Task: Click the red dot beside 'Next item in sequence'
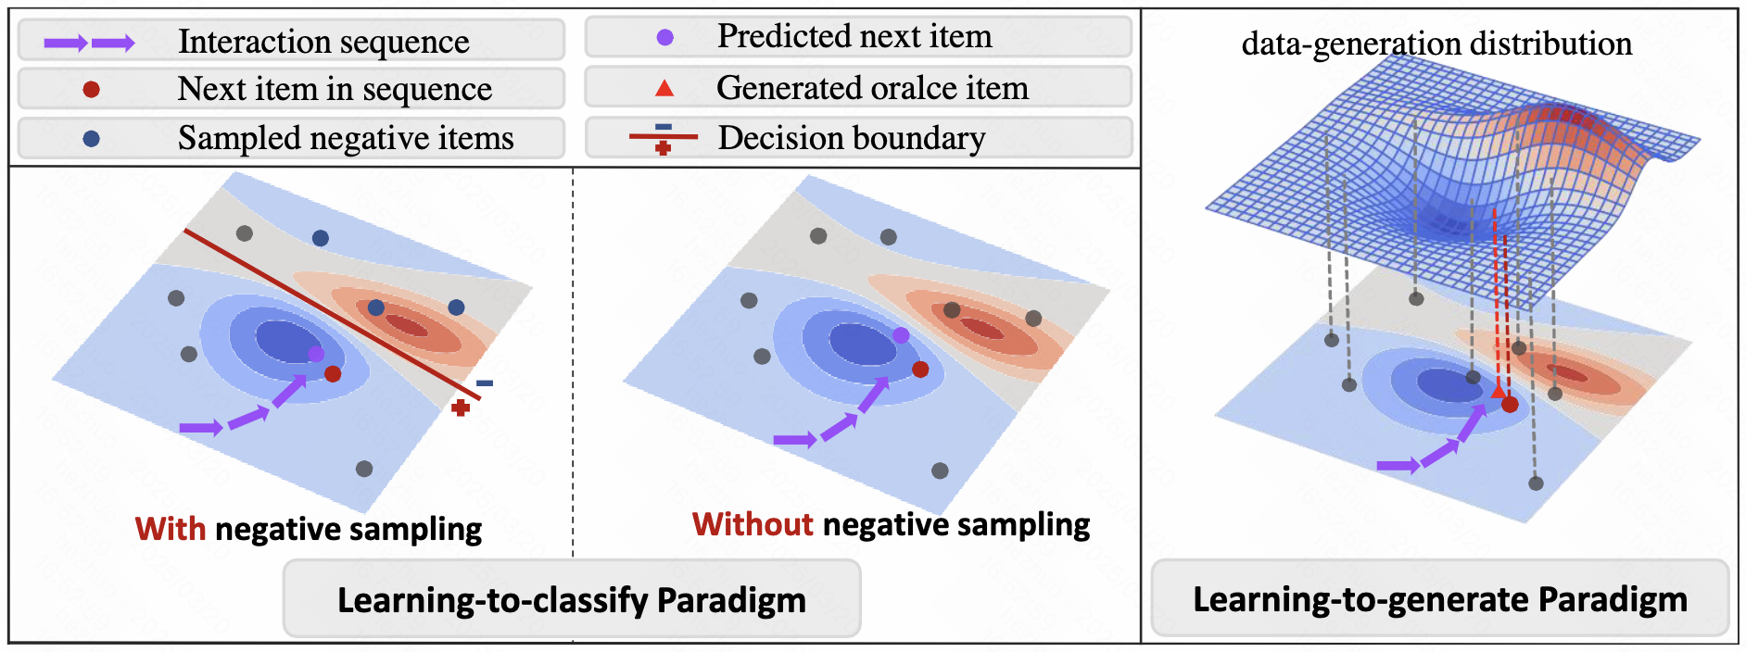click(91, 89)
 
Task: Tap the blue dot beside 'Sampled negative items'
click(91, 138)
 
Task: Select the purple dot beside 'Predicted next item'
click(664, 38)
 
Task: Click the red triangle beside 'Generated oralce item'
click(664, 89)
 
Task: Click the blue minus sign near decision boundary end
click(485, 382)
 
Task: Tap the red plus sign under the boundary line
click(461, 407)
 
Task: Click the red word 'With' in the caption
click(171, 529)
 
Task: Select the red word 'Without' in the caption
click(753, 524)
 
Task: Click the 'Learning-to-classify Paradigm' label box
click(571, 599)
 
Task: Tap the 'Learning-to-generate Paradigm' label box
click(1439, 599)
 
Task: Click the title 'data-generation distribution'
click(1436, 44)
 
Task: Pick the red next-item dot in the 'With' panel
click(333, 373)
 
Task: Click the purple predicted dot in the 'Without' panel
click(901, 335)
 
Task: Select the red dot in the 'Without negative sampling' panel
click(920, 369)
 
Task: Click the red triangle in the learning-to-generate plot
click(1498, 393)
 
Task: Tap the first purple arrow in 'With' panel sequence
click(200, 428)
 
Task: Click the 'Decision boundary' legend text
click(851, 138)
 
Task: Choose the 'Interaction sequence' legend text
click(323, 42)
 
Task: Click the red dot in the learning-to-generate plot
click(1510, 404)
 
